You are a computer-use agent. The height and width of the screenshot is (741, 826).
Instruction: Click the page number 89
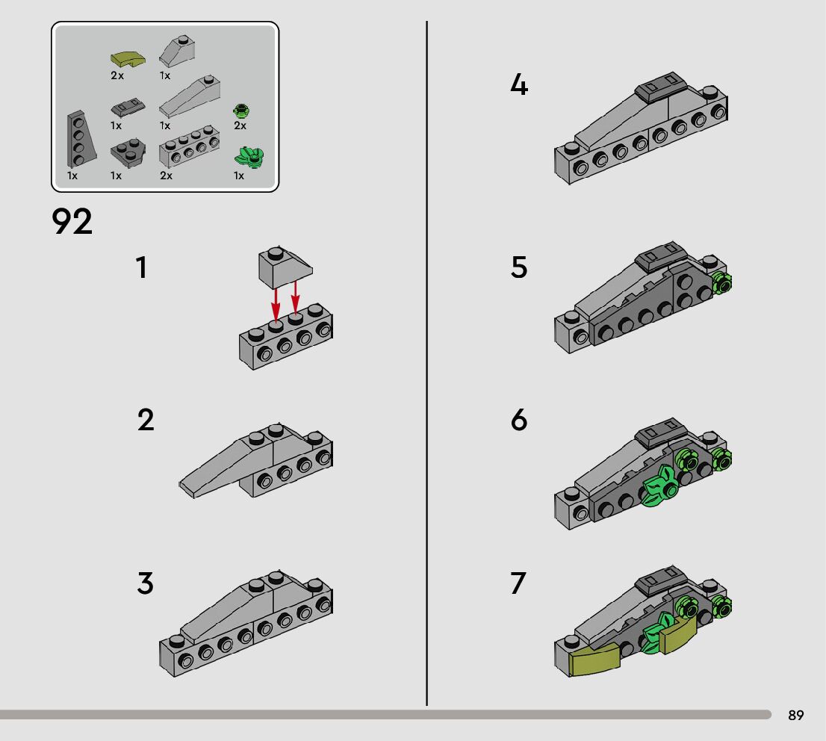click(795, 715)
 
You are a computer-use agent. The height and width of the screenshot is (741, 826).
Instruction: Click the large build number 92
click(72, 221)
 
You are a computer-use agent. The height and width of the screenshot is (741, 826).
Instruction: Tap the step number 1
click(140, 267)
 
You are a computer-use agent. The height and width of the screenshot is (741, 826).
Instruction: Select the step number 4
click(519, 84)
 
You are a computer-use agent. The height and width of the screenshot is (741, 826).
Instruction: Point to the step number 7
click(518, 583)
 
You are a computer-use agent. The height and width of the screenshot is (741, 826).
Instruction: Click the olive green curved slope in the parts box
click(128, 58)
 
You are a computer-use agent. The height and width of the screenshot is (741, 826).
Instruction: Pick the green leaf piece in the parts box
click(249, 158)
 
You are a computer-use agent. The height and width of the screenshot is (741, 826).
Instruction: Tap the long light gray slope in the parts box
click(190, 96)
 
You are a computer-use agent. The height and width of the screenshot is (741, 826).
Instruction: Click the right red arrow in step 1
click(295, 297)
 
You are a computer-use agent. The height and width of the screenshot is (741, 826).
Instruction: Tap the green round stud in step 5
click(721, 284)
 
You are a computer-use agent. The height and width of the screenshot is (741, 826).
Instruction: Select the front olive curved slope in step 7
click(594, 658)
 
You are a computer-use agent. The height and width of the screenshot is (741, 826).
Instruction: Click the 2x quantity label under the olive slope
click(117, 75)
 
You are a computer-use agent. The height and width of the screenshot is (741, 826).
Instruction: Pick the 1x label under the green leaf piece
click(239, 176)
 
